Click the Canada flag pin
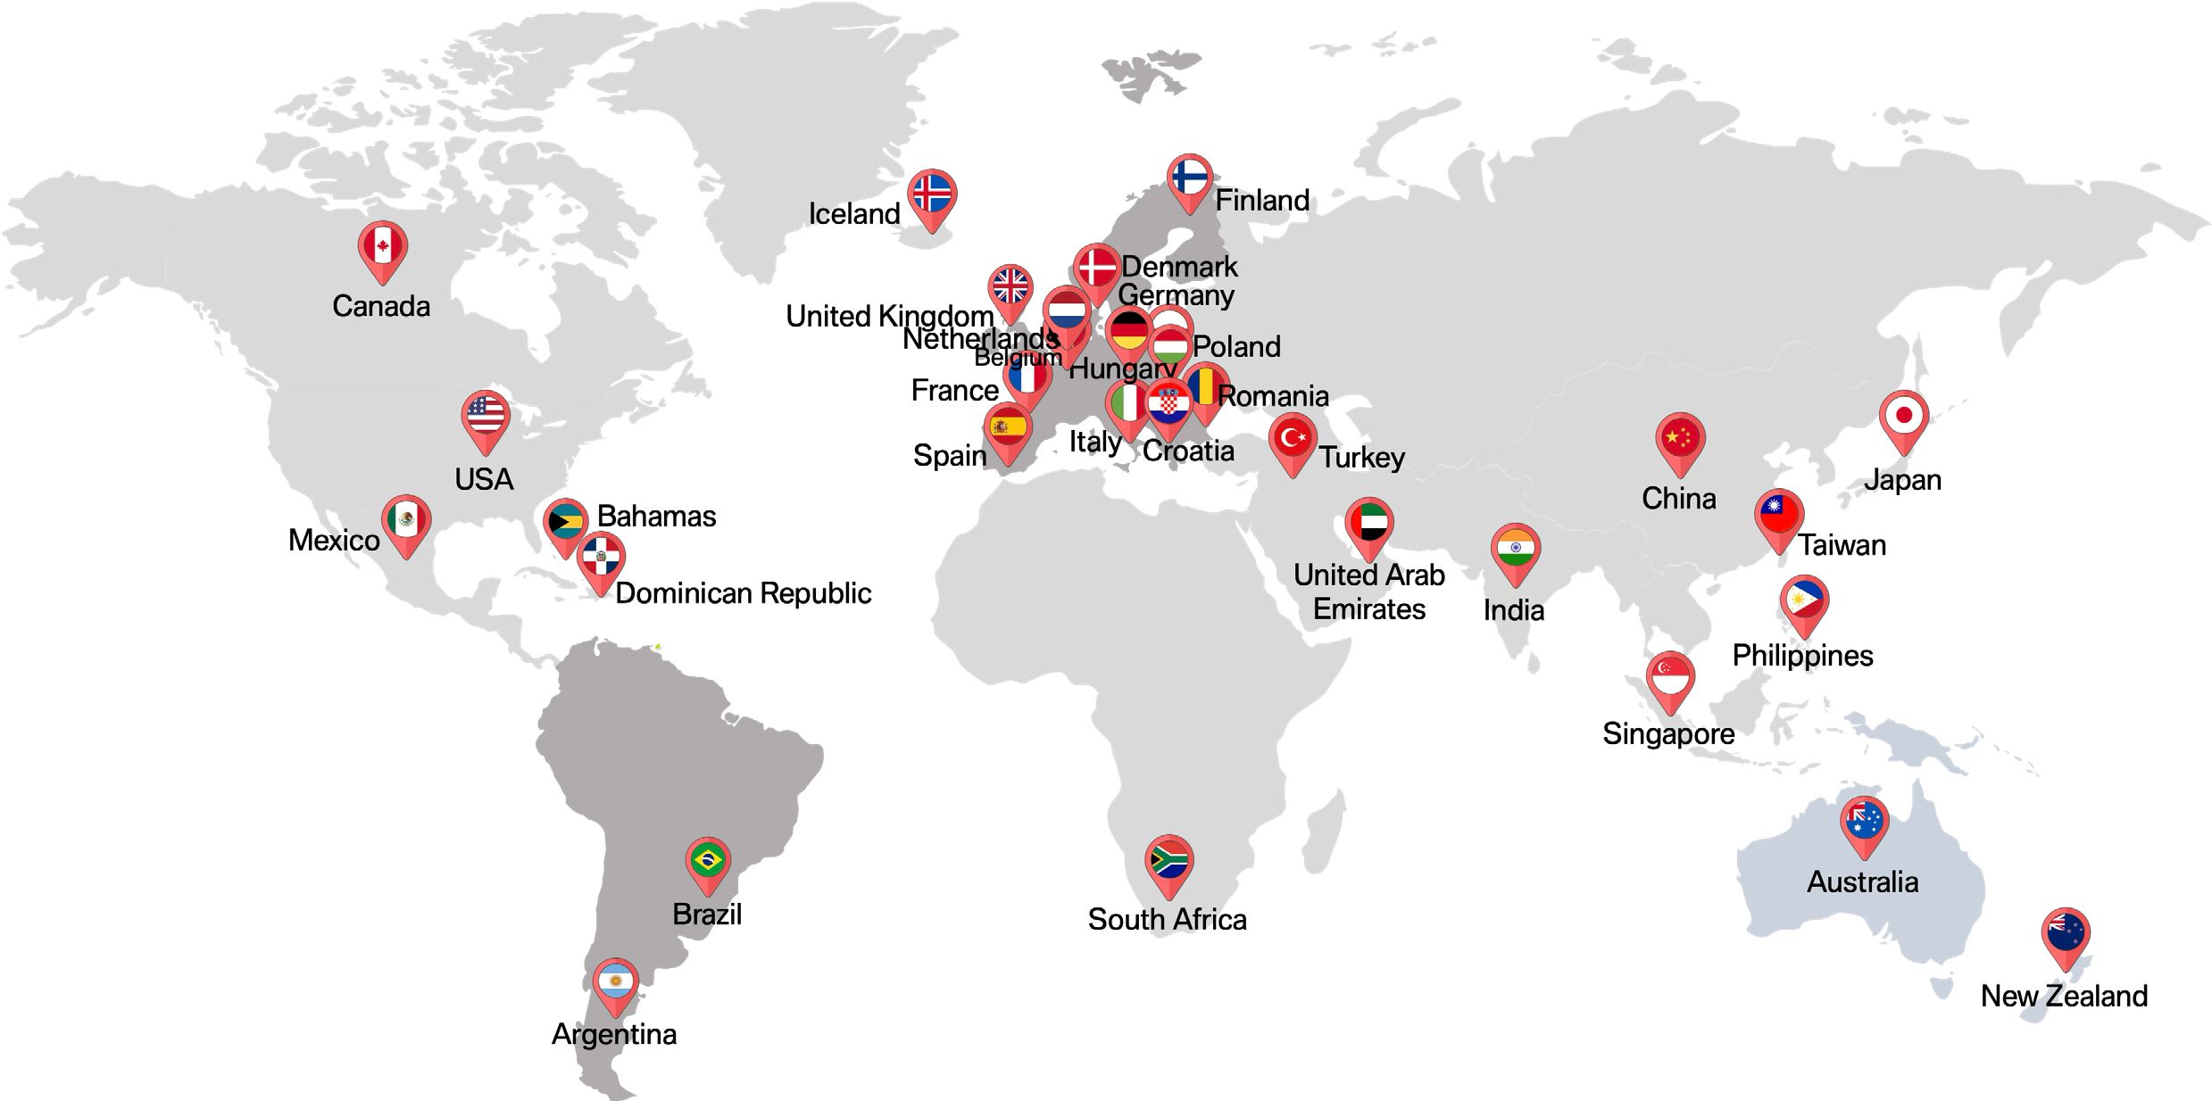383,246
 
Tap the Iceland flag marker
932,194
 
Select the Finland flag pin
1190,178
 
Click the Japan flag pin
1903,416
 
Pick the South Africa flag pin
1168,860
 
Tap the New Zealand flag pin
2065,933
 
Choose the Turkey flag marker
1293,438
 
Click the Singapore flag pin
1670,676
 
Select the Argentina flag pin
615,982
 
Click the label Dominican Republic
743,593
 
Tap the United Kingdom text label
889,316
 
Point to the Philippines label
1802,656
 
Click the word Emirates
1369,609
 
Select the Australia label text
1862,882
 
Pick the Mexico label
334,541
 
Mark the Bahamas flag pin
566,522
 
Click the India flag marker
1515,548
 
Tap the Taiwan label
1842,545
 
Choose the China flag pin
1680,438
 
